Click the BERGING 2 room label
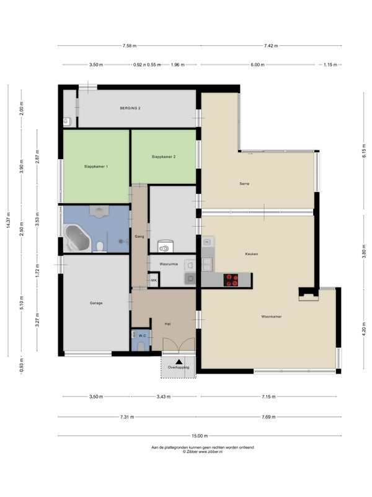click(130, 108)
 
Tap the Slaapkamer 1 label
click(96, 166)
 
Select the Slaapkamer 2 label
click(164, 157)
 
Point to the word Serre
click(244, 183)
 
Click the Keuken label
click(252, 254)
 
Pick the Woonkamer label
click(272, 316)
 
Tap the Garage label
click(96, 303)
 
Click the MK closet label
click(154, 280)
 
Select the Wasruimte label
click(169, 263)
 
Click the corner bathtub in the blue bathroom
click(77, 239)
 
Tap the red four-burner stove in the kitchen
click(231, 280)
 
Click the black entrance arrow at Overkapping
click(179, 362)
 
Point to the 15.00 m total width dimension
click(200, 436)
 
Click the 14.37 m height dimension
click(8, 221)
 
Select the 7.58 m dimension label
click(130, 45)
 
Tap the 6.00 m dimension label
click(257, 65)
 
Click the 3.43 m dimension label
click(164, 396)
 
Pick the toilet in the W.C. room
click(141, 347)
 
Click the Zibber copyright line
click(203, 452)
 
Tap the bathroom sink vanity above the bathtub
click(99, 211)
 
